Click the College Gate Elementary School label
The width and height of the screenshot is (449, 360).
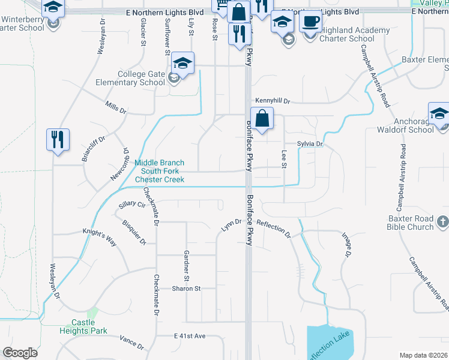(x=141, y=78)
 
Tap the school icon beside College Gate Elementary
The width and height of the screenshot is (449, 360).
(x=183, y=63)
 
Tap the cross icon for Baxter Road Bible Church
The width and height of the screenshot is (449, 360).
(x=442, y=221)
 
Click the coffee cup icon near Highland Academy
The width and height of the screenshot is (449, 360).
(x=310, y=22)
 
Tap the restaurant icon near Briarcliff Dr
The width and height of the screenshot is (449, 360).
(x=58, y=140)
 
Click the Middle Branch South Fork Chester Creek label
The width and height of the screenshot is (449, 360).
(x=159, y=171)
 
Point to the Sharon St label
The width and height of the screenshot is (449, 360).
(x=186, y=289)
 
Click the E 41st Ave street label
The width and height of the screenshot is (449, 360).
(x=190, y=336)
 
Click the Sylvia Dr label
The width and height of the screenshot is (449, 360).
(x=310, y=144)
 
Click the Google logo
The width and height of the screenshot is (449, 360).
(x=20, y=353)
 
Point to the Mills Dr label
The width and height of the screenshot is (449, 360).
(x=116, y=111)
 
